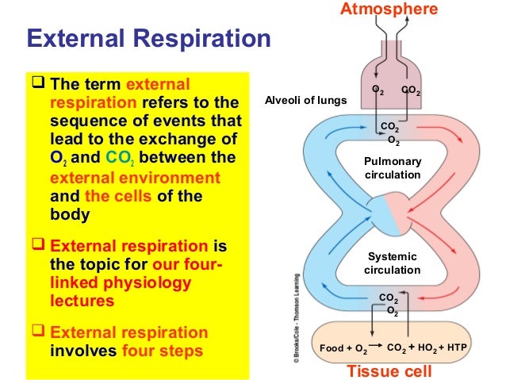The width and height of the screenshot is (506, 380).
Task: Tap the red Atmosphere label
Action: click(400, 10)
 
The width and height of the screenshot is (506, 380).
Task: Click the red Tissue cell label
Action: click(389, 371)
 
